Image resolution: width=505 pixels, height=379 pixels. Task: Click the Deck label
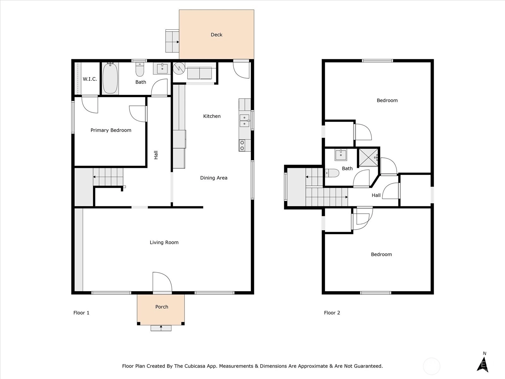[x=217, y=35]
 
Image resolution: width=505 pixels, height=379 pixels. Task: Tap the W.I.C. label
[x=90, y=79]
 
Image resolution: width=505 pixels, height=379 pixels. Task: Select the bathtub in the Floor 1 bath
[x=110, y=78]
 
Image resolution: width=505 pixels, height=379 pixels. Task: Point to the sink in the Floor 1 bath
[x=162, y=68]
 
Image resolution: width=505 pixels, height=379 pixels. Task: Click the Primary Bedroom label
[x=111, y=130]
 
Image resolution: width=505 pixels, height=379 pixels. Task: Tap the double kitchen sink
[x=245, y=121]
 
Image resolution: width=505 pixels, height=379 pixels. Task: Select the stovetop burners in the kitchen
[x=242, y=145]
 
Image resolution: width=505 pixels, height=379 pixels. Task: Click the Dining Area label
[x=214, y=178]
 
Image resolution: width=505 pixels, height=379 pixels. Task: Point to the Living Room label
[x=164, y=242]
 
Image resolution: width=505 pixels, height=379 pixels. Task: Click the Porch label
[x=162, y=307]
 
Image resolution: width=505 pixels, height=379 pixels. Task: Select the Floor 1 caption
[x=81, y=313]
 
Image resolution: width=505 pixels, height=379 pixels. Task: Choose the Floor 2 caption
[x=332, y=313]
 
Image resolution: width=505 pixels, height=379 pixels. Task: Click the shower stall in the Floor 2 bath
[x=369, y=157]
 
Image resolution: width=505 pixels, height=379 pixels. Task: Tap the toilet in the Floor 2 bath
[x=332, y=173]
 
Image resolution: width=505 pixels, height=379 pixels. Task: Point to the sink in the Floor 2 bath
[x=341, y=155]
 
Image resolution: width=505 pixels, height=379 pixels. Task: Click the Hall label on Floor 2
[x=376, y=196]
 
